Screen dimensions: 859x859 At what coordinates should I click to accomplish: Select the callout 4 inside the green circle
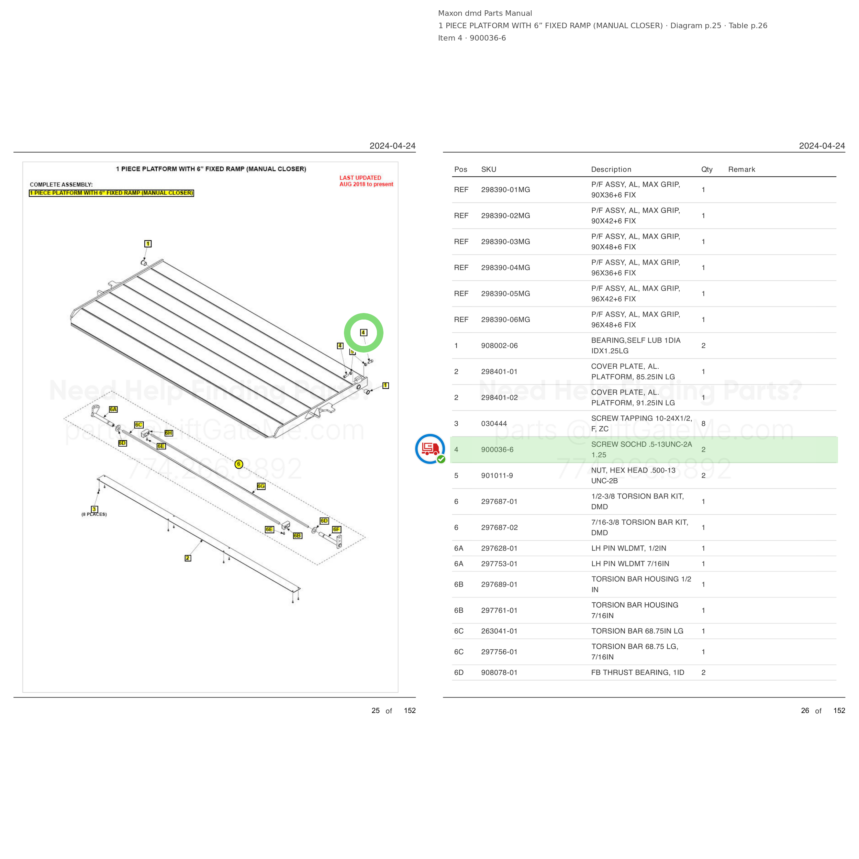click(x=363, y=333)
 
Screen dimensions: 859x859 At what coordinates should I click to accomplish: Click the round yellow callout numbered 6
click(x=239, y=464)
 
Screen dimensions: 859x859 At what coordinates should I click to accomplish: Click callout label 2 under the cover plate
click(x=188, y=558)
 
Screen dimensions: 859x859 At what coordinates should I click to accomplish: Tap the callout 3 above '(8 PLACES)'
click(x=94, y=509)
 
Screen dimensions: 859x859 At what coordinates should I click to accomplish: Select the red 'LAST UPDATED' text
click(x=360, y=178)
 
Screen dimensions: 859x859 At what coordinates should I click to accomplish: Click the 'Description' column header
click(x=611, y=169)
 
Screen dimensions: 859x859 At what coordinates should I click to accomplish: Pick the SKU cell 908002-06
click(x=499, y=345)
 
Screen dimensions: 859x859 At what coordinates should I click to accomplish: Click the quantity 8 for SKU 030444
click(x=703, y=424)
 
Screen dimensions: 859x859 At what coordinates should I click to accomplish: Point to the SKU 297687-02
click(x=499, y=527)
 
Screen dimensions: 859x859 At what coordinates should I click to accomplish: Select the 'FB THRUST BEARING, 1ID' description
click(x=638, y=672)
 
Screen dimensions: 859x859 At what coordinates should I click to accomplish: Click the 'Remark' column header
click(x=741, y=169)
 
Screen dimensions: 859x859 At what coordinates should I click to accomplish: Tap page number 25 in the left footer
click(x=376, y=711)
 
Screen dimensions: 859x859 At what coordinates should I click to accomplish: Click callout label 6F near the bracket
click(x=337, y=529)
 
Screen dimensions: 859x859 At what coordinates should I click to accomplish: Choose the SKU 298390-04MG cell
click(x=505, y=268)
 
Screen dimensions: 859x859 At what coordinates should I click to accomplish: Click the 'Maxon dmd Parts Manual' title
click(x=485, y=13)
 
